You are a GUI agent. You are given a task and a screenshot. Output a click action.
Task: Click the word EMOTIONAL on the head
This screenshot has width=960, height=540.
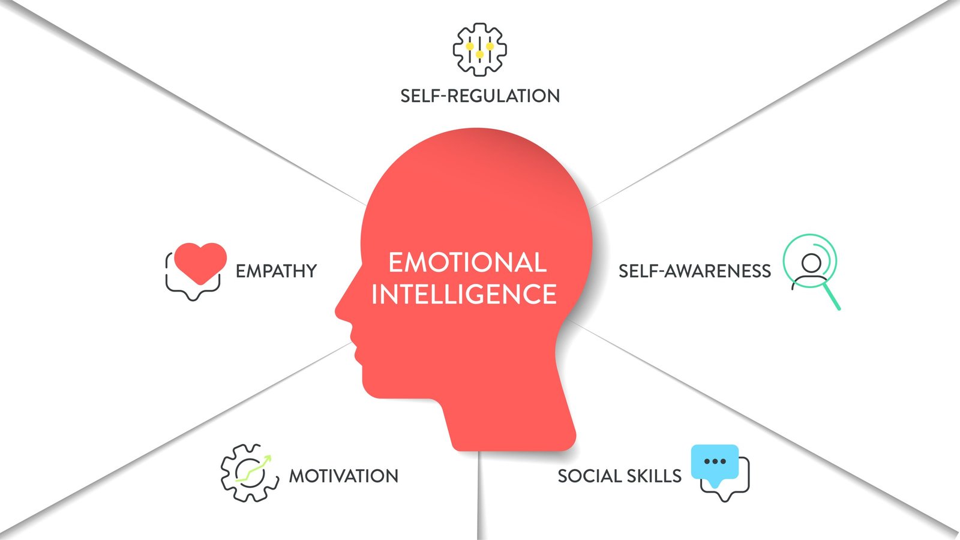click(467, 262)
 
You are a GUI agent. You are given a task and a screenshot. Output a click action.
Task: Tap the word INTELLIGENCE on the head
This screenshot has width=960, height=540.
click(464, 294)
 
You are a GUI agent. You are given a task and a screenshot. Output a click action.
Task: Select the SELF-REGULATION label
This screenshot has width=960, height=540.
click(480, 95)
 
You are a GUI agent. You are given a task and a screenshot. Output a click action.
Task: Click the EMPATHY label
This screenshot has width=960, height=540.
click(276, 271)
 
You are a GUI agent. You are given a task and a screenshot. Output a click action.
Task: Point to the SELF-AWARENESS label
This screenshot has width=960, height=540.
click(695, 271)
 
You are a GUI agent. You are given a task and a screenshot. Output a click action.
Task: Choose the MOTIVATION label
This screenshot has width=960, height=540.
click(344, 476)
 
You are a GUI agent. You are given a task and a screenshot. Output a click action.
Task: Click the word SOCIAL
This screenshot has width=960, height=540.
click(589, 476)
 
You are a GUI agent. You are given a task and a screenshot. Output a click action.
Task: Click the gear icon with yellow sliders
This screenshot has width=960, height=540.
click(480, 50)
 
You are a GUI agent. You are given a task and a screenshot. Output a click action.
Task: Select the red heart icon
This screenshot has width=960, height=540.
click(200, 262)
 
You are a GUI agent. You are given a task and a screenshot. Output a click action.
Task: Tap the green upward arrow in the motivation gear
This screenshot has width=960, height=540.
click(254, 469)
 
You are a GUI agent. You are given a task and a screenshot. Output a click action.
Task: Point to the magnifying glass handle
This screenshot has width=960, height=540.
click(832, 296)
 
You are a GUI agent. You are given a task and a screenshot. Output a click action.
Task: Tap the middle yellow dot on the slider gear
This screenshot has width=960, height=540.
click(480, 55)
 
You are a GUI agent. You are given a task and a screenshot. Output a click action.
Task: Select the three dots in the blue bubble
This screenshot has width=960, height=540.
click(715, 461)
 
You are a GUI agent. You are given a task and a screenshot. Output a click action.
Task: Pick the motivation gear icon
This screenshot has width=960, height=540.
click(250, 473)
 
